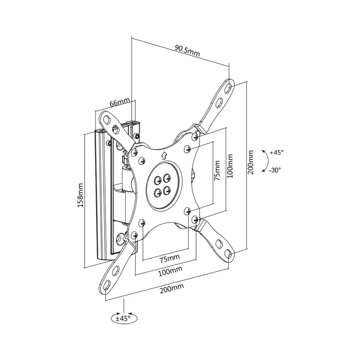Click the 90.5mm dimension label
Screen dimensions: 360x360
click(188, 51)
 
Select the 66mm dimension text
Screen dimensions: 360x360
click(119, 102)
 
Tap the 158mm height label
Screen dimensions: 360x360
click(80, 195)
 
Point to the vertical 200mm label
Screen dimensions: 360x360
click(251, 162)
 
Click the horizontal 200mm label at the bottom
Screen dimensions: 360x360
click(172, 288)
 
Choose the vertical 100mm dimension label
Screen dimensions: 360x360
click(230, 166)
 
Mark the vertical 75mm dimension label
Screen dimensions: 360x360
click(217, 170)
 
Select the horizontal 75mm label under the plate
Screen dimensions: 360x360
click(170, 259)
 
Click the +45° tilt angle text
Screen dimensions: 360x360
click(276, 152)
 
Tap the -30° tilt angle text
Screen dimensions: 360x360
click(275, 170)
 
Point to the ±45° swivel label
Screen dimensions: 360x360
click(123, 318)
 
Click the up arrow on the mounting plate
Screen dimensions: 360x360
click(164, 156)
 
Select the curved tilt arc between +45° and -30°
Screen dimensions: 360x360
click(267, 161)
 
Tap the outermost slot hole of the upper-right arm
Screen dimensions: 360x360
click(229, 86)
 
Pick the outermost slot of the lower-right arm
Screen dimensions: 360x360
click(228, 253)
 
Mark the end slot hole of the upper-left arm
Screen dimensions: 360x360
click(107, 119)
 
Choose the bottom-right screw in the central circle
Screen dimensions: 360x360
click(167, 190)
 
